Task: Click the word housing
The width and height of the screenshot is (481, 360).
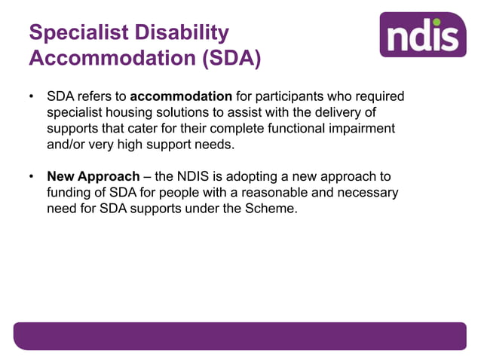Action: click(127, 113)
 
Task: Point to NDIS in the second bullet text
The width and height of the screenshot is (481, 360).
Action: click(203, 177)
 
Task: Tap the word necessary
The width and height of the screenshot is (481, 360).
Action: click(365, 193)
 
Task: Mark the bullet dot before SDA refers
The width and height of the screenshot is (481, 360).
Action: click(31, 98)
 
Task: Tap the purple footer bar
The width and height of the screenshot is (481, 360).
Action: click(240, 336)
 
